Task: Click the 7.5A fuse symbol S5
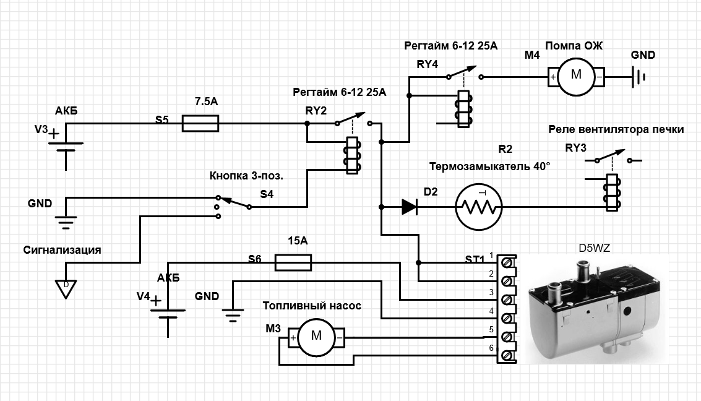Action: pos(200,124)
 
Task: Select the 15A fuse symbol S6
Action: pos(293,263)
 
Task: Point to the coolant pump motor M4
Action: pos(576,77)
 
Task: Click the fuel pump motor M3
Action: pos(316,337)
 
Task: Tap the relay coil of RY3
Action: pos(612,192)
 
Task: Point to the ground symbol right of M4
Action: pos(639,77)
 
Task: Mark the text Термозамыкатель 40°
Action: pos(489,166)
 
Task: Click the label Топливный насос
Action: pos(312,306)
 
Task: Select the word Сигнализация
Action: pos(62,250)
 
